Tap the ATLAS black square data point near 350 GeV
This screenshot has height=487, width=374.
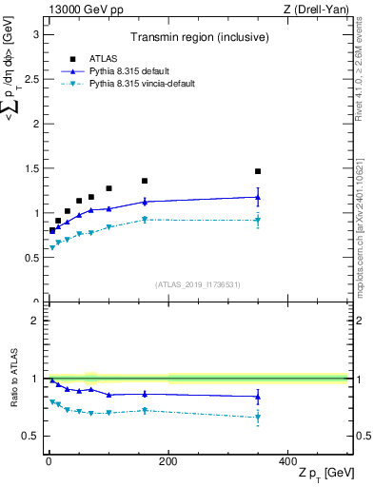click(258, 171)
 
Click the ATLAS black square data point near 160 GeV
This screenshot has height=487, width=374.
click(145, 181)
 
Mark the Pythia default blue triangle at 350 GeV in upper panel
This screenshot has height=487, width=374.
click(258, 197)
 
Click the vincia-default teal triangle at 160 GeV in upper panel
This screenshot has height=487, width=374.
click(145, 220)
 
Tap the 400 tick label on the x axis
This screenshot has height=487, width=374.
click(287, 460)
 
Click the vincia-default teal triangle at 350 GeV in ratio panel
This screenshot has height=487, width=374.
click(258, 418)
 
